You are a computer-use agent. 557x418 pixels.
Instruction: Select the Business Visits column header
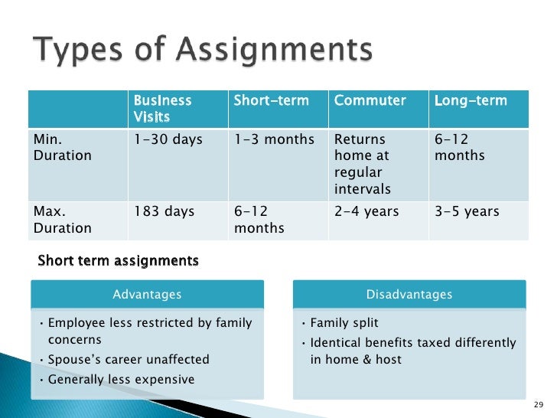click(x=162, y=109)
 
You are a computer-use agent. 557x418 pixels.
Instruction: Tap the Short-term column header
click(x=271, y=101)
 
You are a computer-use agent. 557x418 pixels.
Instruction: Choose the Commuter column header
click(x=370, y=101)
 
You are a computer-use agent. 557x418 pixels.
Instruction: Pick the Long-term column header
click(x=471, y=101)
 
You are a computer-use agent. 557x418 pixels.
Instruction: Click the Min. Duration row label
click(x=61, y=148)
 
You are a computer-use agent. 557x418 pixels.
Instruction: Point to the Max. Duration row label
click(x=61, y=220)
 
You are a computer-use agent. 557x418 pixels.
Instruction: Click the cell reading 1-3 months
click(x=273, y=140)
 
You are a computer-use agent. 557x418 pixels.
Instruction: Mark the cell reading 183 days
click(x=164, y=212)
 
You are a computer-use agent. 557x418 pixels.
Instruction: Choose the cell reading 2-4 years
click(x=366, y=212)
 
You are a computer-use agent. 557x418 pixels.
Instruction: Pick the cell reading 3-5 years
click(x=467, y=212)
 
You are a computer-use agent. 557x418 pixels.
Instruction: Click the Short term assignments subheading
click(x=118, y=261)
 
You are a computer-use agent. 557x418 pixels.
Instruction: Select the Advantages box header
click(x=147, y=295)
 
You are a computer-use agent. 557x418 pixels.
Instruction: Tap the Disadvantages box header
click(x=409, y=295)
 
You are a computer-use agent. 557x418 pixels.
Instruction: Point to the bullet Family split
click(x=344, y=323)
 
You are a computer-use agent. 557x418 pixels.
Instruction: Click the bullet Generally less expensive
click(x=121, y=380)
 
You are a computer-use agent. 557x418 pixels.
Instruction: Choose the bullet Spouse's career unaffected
click(x=128, y=360)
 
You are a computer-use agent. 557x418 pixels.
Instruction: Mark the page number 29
click(x=537, y=404)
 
